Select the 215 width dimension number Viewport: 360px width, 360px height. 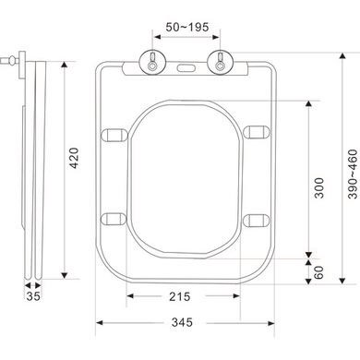point(182,296)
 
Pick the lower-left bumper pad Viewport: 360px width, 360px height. point(115,219)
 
